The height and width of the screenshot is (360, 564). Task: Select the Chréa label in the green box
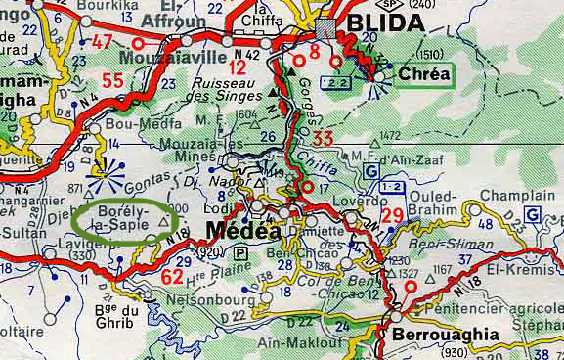pyautogui.click(x=424, y=73)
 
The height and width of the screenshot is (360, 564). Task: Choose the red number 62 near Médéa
pyautogui.click(x=172, y=277)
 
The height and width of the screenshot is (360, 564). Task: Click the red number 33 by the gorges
pyautogui.click(x=324, y=138)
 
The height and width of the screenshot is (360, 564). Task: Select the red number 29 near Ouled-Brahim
pyautogui.click(x=393, y=215)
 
